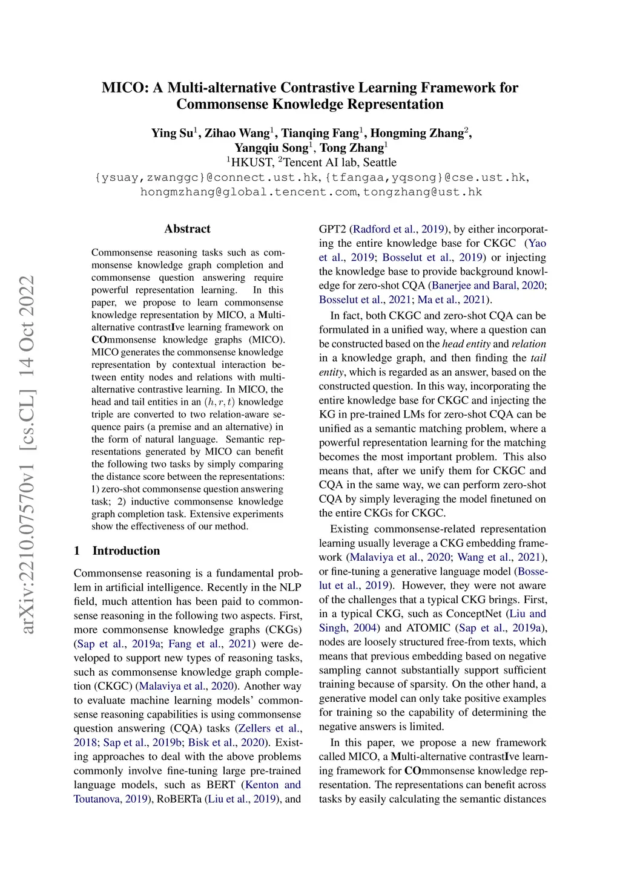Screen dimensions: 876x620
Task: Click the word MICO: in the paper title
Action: point(125,88)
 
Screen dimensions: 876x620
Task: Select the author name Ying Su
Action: point(172,133)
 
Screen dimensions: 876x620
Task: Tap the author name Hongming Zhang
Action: point(417,133)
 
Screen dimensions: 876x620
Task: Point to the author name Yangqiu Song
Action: point(271,148)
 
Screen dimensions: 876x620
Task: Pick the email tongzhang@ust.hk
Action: point(423,192)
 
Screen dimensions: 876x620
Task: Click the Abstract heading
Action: point(187,229)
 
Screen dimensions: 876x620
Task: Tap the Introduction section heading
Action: point(126,551)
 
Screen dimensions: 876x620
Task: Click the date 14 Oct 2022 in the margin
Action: point(28,328)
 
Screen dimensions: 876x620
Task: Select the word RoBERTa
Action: point(180,799)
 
